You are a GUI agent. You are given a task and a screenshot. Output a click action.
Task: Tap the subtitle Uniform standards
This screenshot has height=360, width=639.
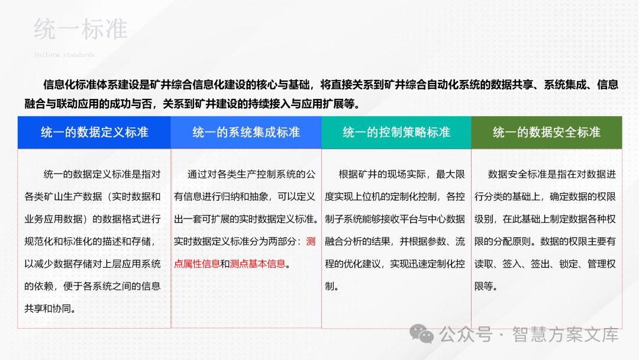pyautogui.click(x=64, y=55)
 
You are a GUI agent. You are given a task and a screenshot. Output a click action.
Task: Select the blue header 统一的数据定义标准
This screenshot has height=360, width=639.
pyautogui.click(x=94, y=132)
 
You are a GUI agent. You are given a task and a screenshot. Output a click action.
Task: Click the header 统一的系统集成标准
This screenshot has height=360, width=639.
pyautogui.click(x=246, y=132)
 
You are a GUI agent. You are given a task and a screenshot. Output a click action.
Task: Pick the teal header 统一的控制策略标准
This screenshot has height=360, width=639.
pyautogui.click(x=396, y=132)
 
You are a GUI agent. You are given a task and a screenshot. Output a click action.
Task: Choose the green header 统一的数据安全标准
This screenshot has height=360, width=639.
pyautogui.click(x=547, y=132)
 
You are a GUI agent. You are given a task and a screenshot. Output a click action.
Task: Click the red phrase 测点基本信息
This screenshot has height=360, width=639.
pyautogui.click(x=257, y=264)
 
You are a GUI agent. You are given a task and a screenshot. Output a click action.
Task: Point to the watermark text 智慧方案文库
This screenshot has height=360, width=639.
pyautogui.click(x=566, y=335)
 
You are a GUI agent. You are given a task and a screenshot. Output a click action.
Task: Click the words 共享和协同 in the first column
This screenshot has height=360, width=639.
pyautogui.click(x=53, y=308)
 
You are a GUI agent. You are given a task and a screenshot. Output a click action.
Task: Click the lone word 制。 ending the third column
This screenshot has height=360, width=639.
pyautogui.click(x=331, y=286)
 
